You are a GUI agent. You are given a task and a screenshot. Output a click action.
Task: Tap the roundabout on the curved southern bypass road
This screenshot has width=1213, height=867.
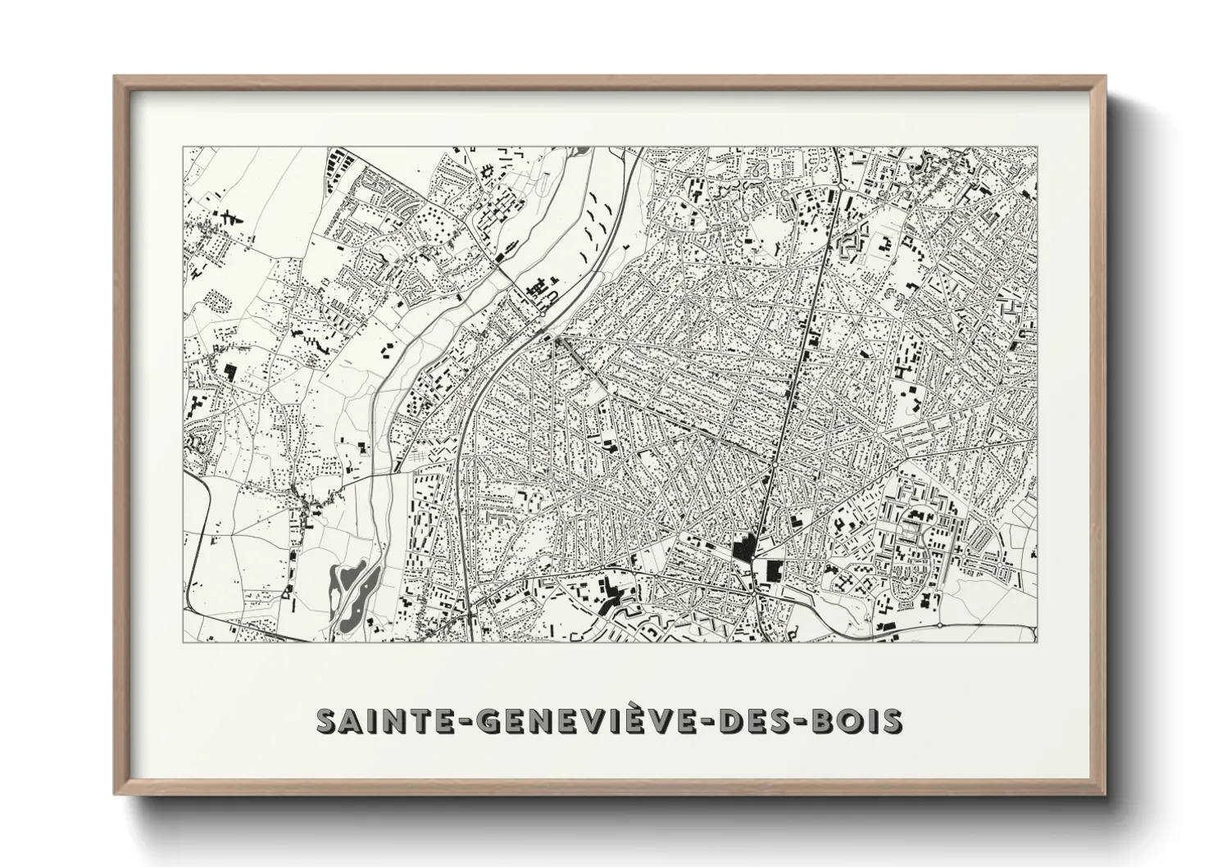pos(939,625)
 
